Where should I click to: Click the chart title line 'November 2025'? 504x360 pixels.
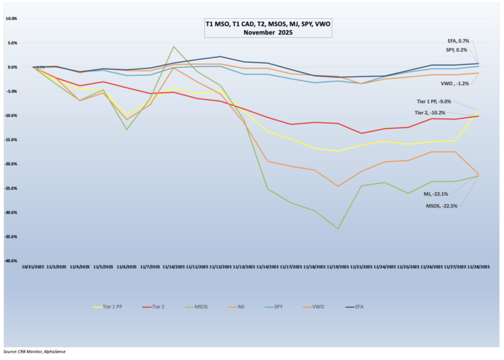pyautogui.click(x=268, y=32)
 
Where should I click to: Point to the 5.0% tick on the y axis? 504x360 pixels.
pyautogui.click(x=11, y=43)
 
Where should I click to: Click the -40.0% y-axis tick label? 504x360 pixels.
pyautogui.click(x=10, y=261)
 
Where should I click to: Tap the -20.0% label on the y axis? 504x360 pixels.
pyautogui.click(x=10, y=164)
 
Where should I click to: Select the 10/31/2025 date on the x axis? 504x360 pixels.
pyautogui.click(x=33, y=267)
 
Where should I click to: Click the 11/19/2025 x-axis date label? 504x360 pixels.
pyautogui.click(x=337, y=267)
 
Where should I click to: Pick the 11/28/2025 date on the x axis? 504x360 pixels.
pyautogui.click(x=478, y=267)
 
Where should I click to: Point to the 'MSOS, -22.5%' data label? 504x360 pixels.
pyautogui.click(x=442, y=206)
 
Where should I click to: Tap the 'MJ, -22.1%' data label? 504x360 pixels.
pyautogui.click(x=435, y=193)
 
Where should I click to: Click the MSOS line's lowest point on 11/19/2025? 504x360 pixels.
pyautogui.click(x=337, y=229)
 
